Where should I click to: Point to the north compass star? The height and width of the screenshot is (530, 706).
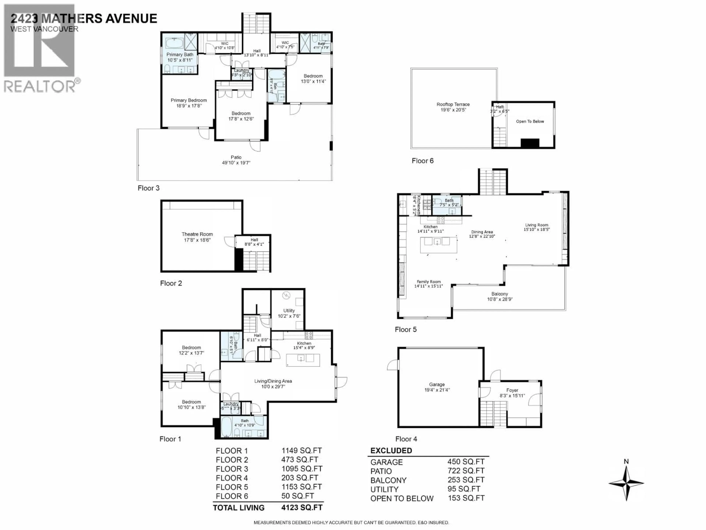tap(626, 483)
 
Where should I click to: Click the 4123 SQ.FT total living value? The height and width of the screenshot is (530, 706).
tap(302, 508)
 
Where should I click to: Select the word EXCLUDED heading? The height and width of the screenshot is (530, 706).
tap(391, 451)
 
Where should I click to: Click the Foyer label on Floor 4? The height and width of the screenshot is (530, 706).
tap(512, 393)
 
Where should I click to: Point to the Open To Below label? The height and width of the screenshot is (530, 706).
tap(530, 121)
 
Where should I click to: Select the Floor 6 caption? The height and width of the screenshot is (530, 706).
tap(422, 161)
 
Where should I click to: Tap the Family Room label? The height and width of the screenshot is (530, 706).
tap(428, 284)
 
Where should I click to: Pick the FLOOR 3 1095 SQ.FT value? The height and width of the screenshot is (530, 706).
tap(302, 469)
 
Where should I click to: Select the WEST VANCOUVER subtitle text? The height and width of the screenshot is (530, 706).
tap(44, 29)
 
